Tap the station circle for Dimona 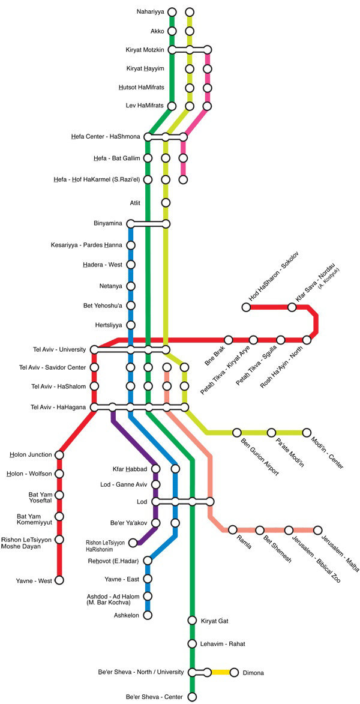(234, 673)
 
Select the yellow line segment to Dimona (221, 672)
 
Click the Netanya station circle (130, 286)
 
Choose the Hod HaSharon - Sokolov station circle (246, 307)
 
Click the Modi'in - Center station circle (307, 432)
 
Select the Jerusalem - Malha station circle (317, 530)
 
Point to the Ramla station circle (232, 529)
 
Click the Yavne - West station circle (59, 580)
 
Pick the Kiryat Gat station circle (192, 620)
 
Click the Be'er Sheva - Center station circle (192, 697)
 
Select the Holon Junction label (31, 454)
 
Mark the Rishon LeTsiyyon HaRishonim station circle (133, 543)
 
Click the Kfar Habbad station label (130, 469)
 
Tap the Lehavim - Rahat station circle (192, 644)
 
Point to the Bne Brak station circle (229, 340)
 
